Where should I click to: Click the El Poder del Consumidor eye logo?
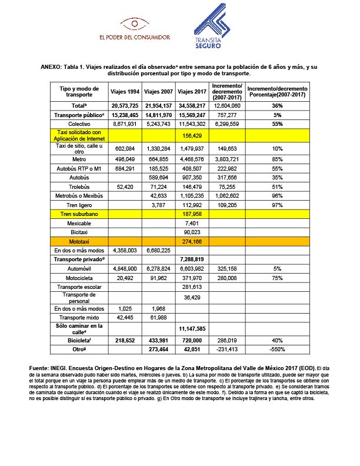(x=135, y=24)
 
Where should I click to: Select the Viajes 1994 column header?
(x=125, y=91)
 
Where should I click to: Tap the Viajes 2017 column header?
(x=192, y=91)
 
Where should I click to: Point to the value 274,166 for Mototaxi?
(x=192, y=241)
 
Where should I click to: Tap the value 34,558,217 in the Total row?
(x=192, y=105)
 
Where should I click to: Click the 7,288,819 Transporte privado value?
(x=192, y=259)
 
